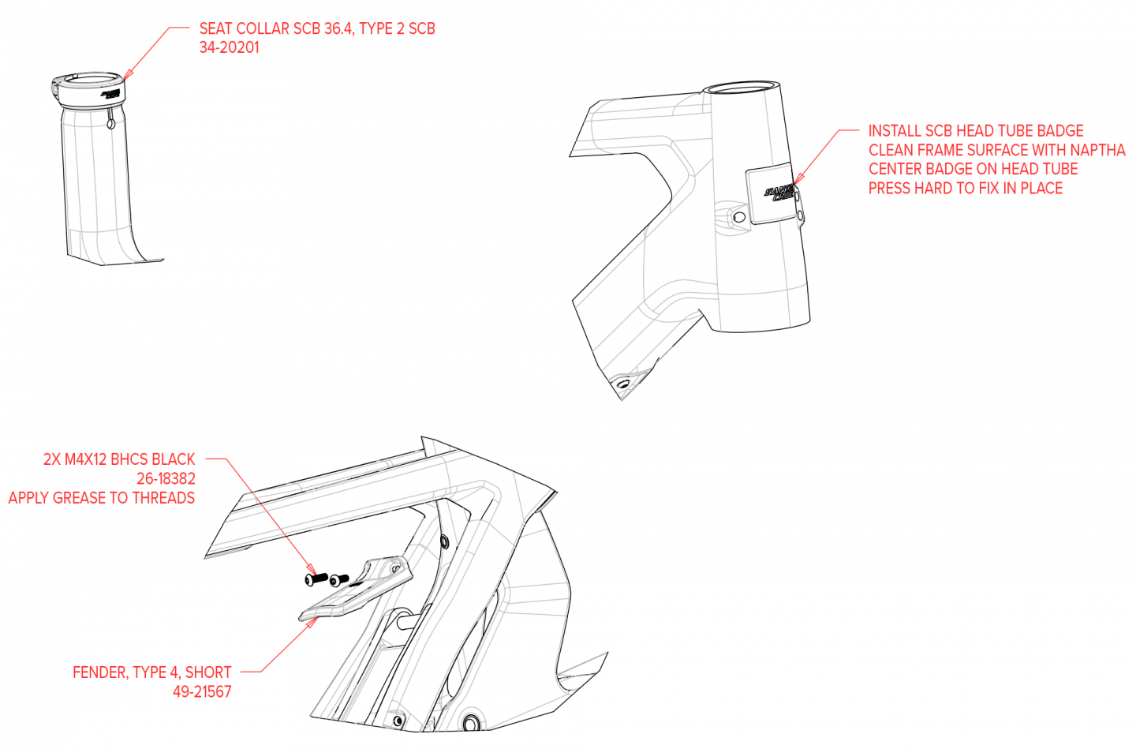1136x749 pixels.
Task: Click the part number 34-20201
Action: point(229,47)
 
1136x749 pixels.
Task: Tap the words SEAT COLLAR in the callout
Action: point(244,28)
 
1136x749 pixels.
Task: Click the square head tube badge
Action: point(771,194)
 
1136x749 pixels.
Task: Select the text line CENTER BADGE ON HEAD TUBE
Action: point(973,169)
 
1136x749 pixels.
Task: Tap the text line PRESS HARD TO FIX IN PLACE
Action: point(966,188)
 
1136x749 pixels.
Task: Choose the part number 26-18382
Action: point(166,478)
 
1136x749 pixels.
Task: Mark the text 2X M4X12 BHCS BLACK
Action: point(119,459)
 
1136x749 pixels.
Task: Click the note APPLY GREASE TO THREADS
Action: point(102,497)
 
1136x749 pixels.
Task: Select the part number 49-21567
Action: point(202,691)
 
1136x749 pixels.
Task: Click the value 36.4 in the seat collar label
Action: point(338,28)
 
